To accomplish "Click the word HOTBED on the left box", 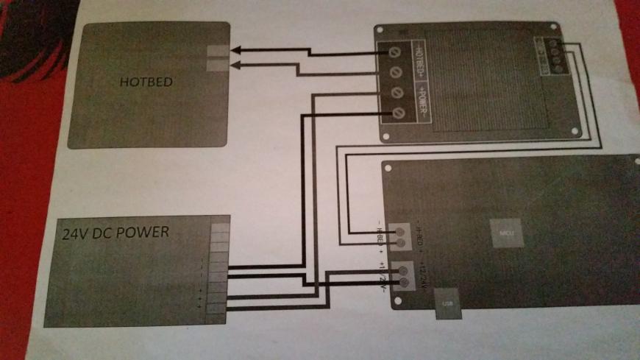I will click(146, 82).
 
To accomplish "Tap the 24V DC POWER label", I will click(115, 233).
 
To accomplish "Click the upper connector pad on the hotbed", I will click(218, 51).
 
